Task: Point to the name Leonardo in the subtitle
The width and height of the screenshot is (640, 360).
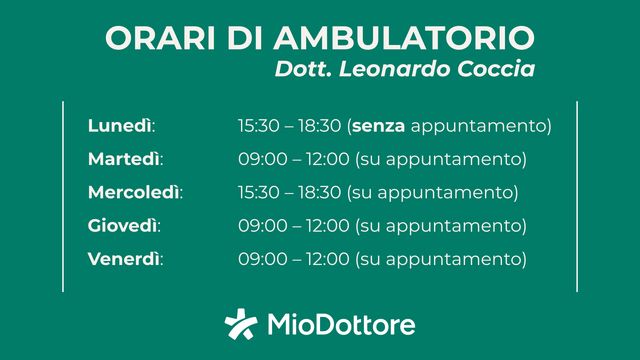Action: click(x=393, y=70)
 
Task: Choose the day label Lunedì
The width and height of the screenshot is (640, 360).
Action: click(x=121, y=127)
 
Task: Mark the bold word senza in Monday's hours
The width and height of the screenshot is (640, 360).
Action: click(x=380, y=127)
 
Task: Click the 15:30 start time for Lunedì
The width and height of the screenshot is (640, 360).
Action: click(x=258, y=127)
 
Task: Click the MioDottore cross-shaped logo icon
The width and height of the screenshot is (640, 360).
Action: click(x=241, y=325)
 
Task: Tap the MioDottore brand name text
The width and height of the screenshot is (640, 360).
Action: click(x=341, y=325)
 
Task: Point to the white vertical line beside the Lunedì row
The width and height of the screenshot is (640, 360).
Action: click(x=63, y=127)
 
